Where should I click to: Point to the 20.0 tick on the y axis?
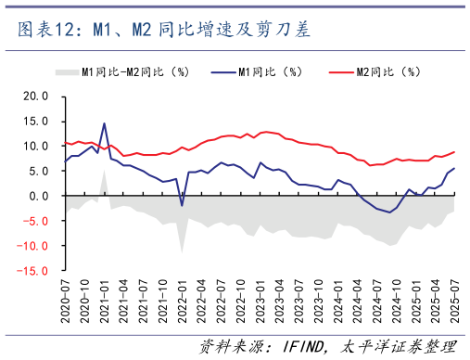35,96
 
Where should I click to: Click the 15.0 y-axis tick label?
35,121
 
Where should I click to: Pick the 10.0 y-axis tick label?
35,146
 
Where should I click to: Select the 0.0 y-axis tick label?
39,196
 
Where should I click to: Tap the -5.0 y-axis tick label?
35,222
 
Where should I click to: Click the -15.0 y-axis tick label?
32,272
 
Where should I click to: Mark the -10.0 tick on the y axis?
32,247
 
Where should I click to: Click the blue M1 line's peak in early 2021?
104,123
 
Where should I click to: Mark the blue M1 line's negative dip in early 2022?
182,205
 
